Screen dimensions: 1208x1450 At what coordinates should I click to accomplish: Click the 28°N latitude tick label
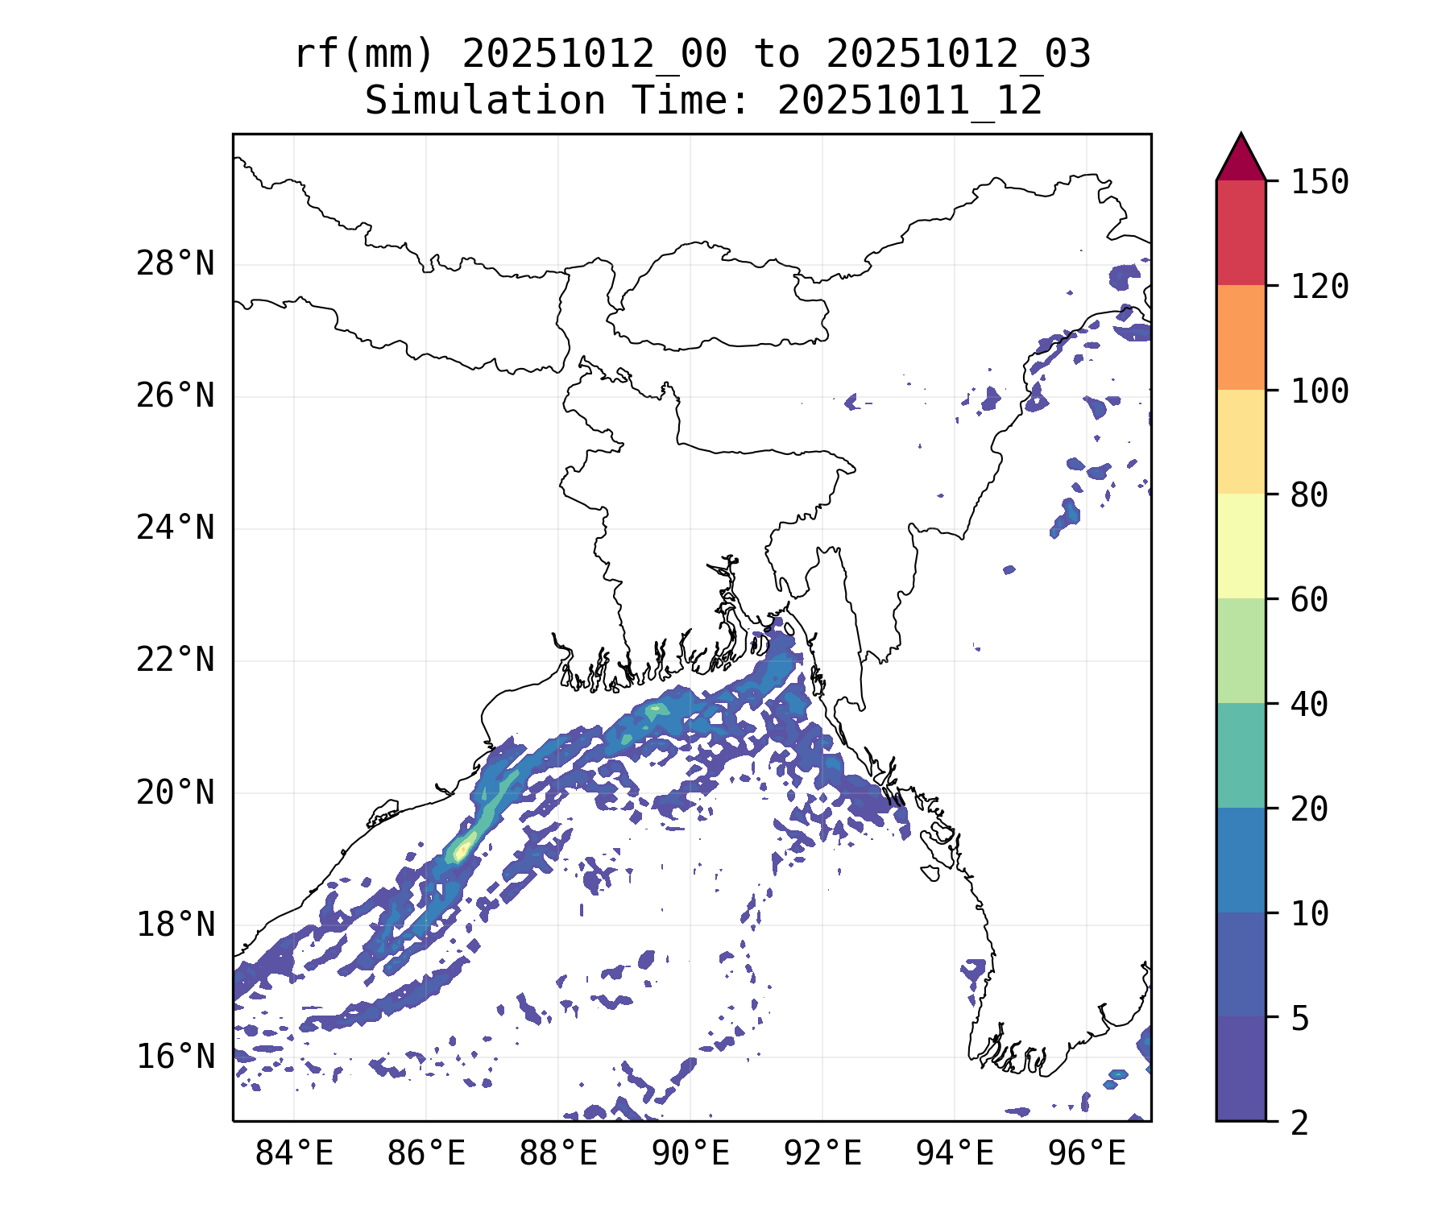[x=175, y=264]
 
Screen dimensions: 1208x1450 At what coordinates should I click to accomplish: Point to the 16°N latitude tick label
[x=175, y=1057]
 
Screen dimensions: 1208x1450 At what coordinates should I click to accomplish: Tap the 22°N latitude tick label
[x=175, y=660]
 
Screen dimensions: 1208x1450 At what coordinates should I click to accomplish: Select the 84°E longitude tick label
[x=294, y=1154]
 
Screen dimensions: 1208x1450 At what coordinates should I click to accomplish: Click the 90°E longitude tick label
[x=690, y=1154]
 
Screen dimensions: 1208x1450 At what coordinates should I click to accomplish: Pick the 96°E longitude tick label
[x=1087, y=1154]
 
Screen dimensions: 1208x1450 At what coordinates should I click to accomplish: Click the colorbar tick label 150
[x=1319, y=182]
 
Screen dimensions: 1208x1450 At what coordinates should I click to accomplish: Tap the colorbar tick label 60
[x=1309, y=599]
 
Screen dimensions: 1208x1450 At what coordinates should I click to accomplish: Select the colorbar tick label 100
[x=1319, y=391]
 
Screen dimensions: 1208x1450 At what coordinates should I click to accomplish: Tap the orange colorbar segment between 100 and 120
[x=1241, y=337]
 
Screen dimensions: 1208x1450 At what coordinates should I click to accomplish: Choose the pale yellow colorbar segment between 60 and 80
[x=1241, y=546]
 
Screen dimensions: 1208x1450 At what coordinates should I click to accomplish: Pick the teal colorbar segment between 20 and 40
[x=1241, y=755]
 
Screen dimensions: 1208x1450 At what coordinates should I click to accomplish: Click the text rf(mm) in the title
[x=364, y=55]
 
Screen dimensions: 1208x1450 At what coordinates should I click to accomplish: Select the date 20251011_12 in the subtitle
[x=909, y=101]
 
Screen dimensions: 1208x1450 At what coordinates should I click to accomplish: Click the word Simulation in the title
[x=485, y=101]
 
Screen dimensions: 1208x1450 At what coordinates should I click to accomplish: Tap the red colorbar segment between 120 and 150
[x=1241, y=233]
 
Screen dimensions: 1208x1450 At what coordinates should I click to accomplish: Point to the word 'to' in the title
[x=777, y=55]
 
